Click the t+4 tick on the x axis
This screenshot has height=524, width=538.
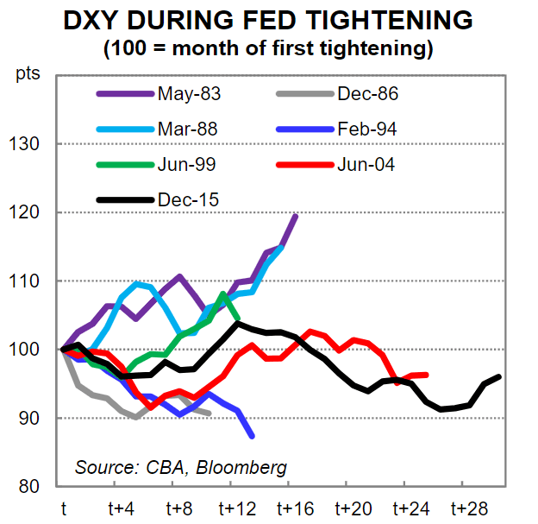click(x=120, y=508)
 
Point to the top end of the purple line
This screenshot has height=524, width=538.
click(x=296, y=216)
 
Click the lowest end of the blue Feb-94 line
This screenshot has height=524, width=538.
click(x=252, y=436)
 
